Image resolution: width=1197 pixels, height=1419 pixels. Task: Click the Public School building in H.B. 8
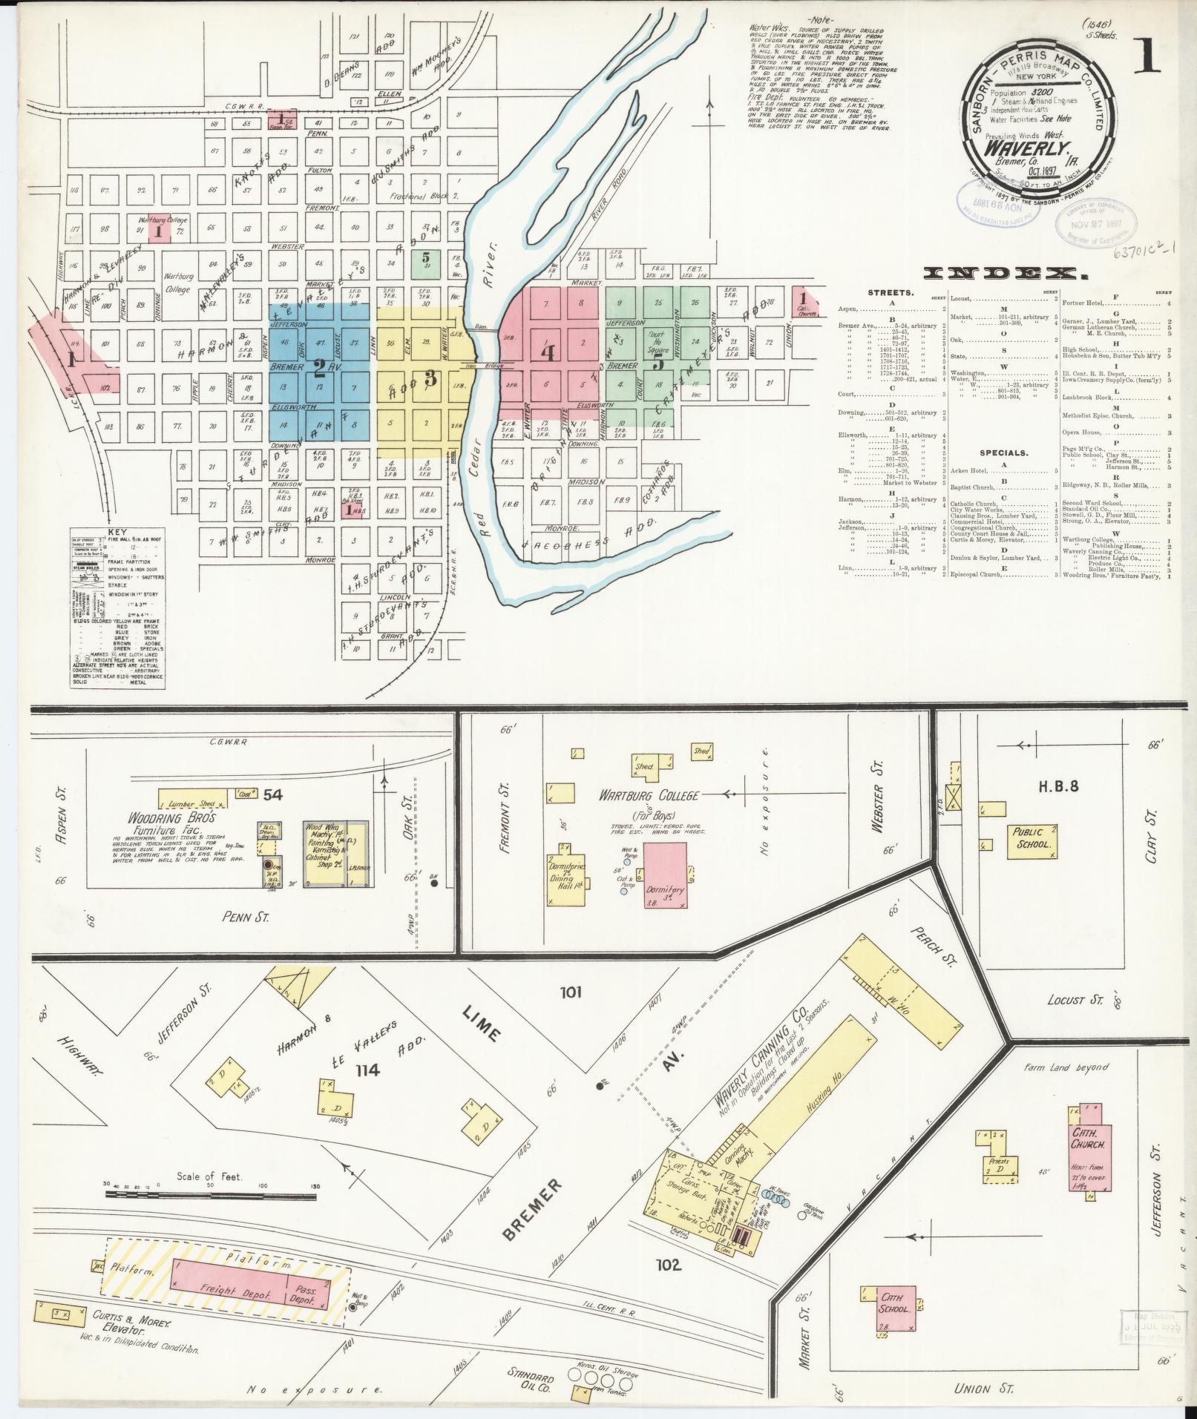(x=1032, y=839)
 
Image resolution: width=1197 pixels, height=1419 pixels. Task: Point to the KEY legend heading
(x=117, y=531)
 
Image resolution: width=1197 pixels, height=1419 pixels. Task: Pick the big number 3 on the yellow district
(x=430, y=377)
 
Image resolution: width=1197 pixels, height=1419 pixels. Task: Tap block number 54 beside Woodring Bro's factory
(x=272, y=794)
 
